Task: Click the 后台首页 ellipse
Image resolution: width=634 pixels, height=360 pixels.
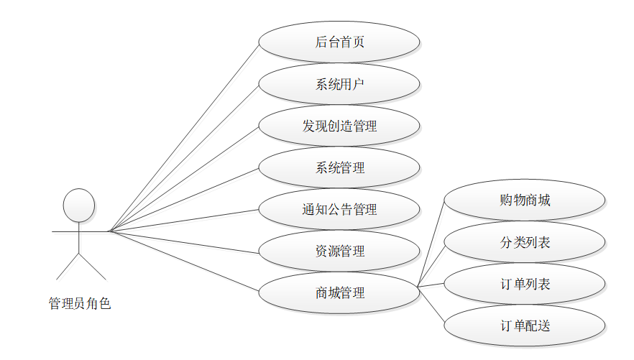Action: coord(339,42)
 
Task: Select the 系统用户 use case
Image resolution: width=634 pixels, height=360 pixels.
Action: coord(339,84)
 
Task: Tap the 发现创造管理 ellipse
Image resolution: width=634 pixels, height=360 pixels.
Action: coord(339,126)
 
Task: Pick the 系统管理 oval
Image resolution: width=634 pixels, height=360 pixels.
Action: coord(339,167)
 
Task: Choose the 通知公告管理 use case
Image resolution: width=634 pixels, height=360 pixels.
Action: coord(339,210)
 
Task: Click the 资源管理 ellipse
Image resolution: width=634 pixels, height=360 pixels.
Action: coord(339,251)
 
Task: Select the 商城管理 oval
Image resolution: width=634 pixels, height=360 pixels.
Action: coord(339,293)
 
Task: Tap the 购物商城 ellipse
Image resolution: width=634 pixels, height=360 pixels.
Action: coord(525,200)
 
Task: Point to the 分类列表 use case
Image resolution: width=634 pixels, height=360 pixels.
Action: coord(525,242)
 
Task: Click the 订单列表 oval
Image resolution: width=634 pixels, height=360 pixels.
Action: coord(525,285)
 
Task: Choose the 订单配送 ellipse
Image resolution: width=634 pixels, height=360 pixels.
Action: coord(525,326)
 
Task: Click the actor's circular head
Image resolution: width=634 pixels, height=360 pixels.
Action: coord(79,205)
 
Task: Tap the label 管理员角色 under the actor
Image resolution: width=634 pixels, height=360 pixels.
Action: coord(80,304)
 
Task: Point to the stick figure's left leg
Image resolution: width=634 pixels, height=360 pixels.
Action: coord(68,267)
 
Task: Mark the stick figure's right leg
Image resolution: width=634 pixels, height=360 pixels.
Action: coord(92,267)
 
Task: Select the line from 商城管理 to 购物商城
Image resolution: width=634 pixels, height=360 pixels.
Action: coord(431,244)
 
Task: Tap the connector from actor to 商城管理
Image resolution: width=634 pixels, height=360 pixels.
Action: coord(183,262)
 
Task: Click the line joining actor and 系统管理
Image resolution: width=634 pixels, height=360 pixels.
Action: coord(183,200)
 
